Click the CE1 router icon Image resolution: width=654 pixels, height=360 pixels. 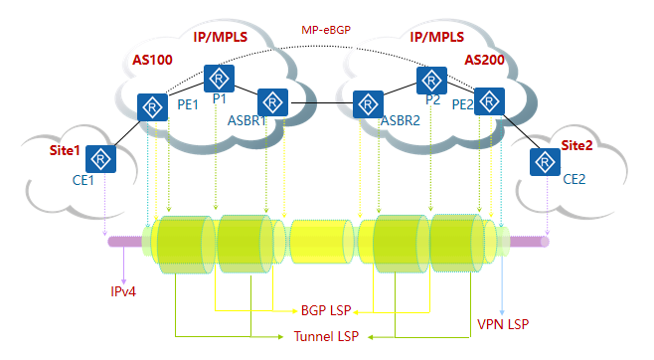[99, 158]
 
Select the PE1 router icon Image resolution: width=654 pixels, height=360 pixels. [152, 106]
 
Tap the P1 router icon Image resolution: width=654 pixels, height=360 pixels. [218, 78]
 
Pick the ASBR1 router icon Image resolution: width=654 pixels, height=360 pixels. [271, 101]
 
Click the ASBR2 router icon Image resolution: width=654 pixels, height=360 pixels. [367, 102]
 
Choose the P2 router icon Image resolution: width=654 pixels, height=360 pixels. [431, 79]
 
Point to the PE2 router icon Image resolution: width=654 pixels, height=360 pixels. [488, 100]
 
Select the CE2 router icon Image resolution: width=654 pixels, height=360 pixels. [544, 161]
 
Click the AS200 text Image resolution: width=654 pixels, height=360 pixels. [484, 61]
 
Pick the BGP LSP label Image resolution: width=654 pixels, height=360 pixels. [329, 310]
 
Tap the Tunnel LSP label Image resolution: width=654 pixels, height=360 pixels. [329, 337]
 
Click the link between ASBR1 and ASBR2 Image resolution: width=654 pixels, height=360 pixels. [319, 102]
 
